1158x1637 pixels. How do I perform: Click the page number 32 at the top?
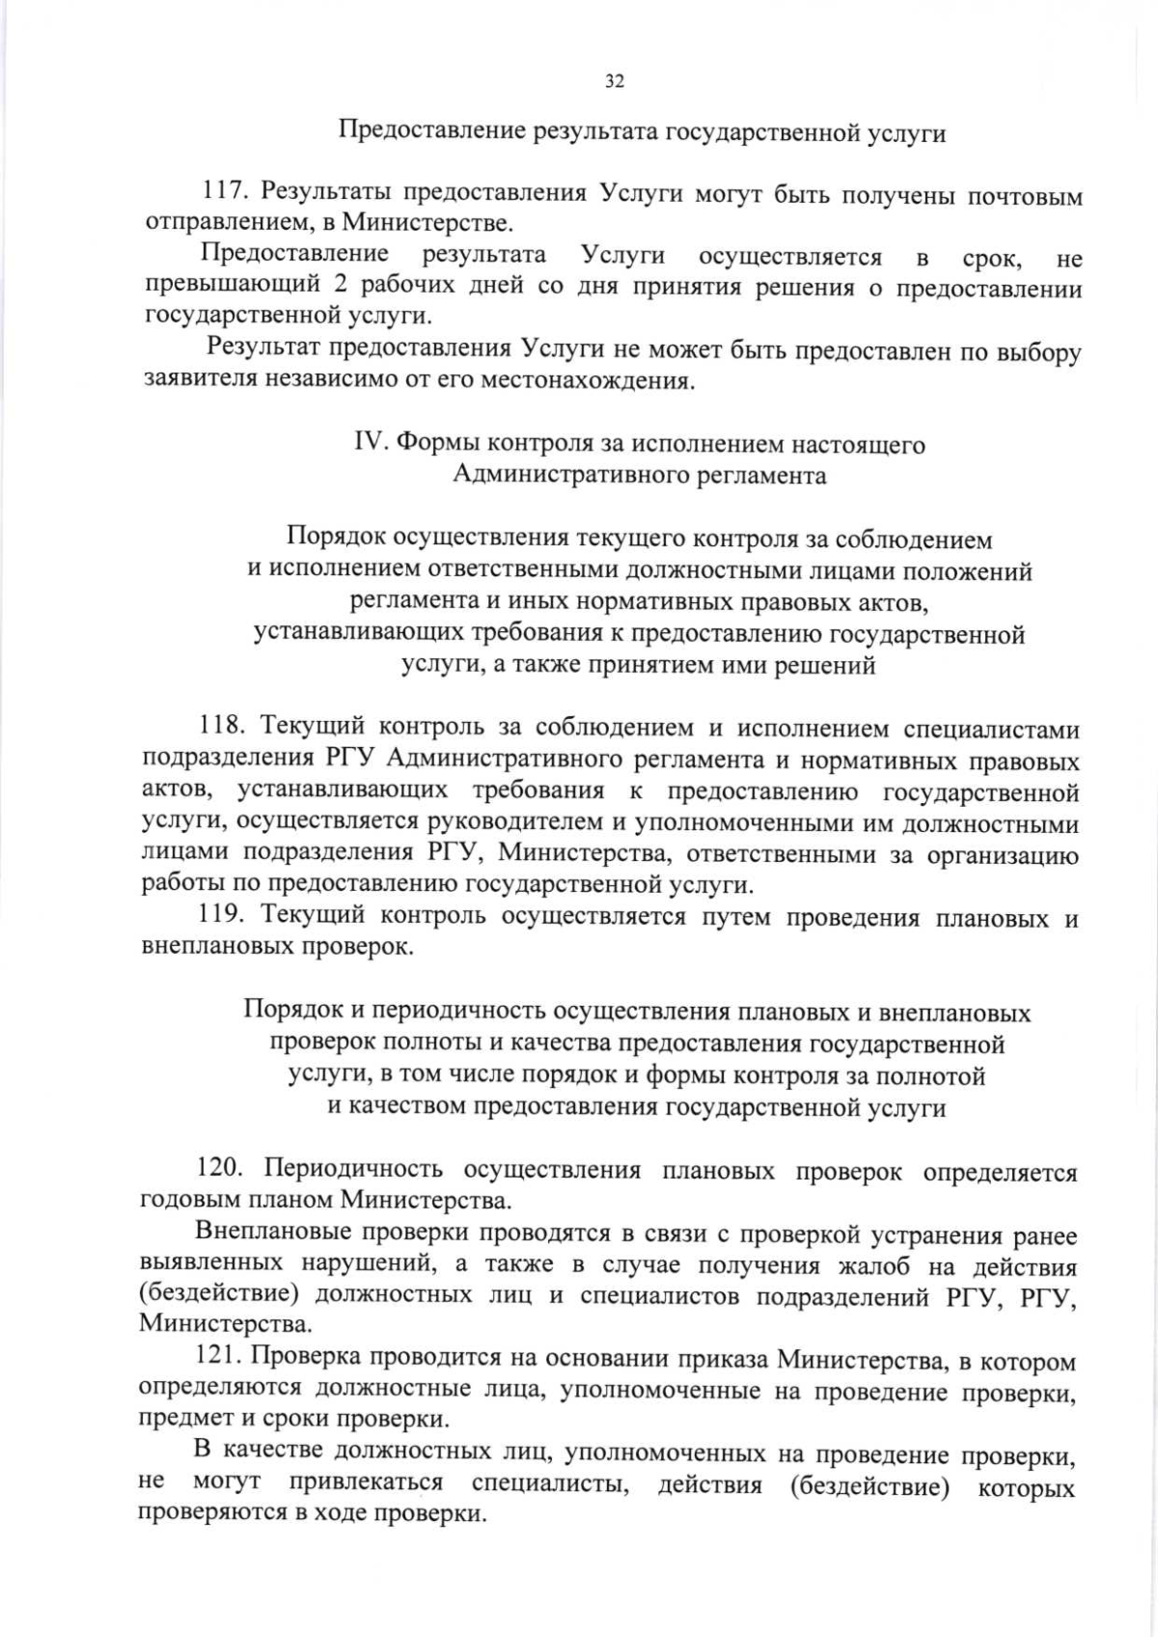pos(614,82)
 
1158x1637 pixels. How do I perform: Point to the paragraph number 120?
pos(217,1170)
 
